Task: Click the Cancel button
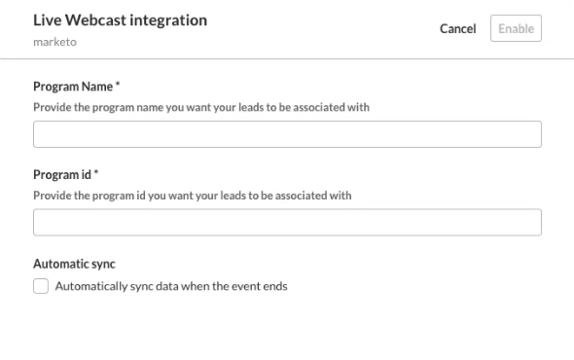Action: coord(457,28)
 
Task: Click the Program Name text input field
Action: coord(287,134)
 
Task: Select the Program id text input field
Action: coord(287,222)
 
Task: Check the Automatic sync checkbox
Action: coord(41,286)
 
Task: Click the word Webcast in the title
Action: coord(95,20)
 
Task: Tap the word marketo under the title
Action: coord(54,42)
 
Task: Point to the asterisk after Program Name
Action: coord(118,85)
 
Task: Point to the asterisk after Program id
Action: coord(96,172)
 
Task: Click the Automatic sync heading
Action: coord(74,264)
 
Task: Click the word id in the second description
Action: coord(141,196)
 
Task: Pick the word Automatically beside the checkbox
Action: coord(90,286)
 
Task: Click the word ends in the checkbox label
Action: coord(275,286)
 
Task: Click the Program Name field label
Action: coord(73,87)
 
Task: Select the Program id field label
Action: coord(62,175)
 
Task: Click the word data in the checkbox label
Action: coord(167,286)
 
